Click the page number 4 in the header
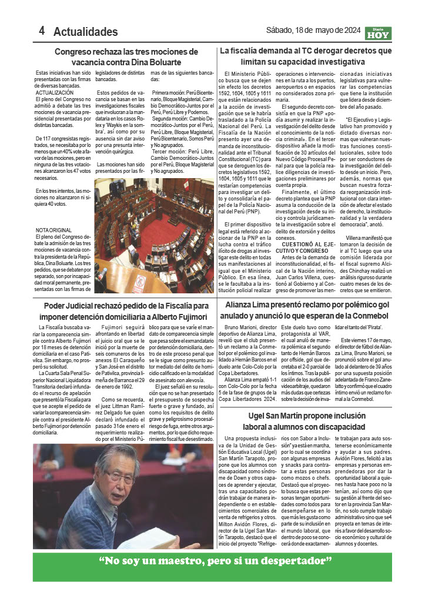tap(42, 31)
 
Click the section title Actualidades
tap(85, 32)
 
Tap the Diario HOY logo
tap(375, 33)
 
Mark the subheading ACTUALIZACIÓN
tap(55, 93)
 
